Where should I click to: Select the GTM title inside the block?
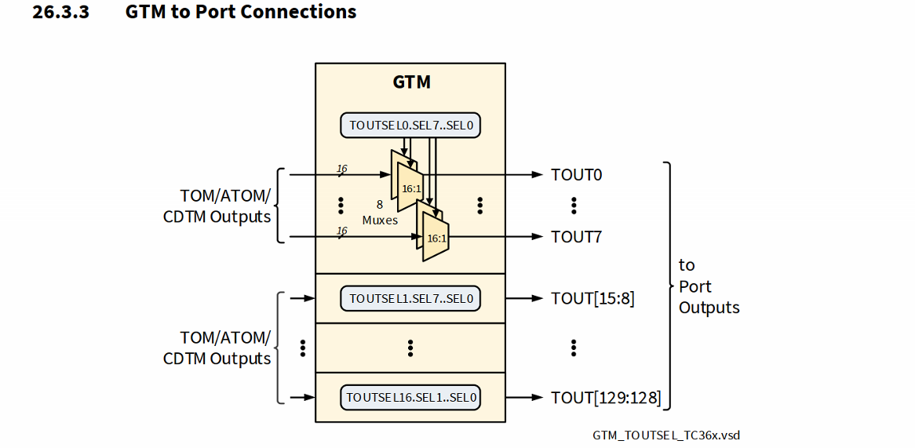coord(411,82)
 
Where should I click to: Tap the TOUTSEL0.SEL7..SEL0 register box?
coord(411,126)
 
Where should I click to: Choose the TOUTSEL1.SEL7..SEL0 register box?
coord(411,299)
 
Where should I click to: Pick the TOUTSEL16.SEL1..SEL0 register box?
coord(411,398)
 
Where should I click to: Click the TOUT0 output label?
coord(576,175)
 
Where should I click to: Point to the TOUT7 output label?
coord(576,236)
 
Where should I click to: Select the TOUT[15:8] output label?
coord(592,299)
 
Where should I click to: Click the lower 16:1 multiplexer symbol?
coord(436,237)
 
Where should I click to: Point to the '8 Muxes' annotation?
coord(380,212)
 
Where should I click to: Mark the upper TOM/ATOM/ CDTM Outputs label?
coord(217,206)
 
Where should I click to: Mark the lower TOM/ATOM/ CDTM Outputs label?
coord(217,348)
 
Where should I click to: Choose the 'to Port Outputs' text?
coord(709,286)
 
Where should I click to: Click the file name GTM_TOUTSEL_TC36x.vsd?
coord(666,435)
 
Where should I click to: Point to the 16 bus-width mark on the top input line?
coord(341,169)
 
